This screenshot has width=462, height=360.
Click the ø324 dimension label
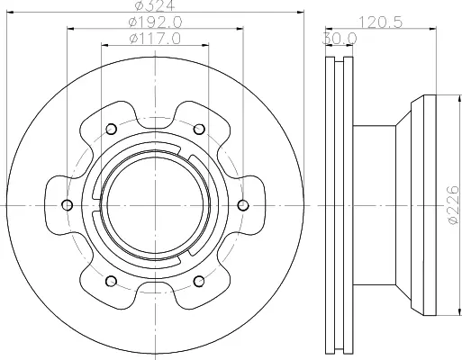point(155,5)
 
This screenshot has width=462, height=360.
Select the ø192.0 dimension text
point(156,22)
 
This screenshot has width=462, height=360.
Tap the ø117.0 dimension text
point(155,39)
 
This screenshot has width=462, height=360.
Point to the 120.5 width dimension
point(380,22)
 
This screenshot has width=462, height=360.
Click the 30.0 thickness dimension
point(340,39)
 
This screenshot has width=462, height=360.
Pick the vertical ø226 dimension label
point(453,204)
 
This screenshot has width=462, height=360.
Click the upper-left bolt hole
point(111,130)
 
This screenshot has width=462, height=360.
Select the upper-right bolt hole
point(199,130)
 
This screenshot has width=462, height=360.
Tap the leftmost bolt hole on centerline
point(67,205)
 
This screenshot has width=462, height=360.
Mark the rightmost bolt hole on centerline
point(243,205)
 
